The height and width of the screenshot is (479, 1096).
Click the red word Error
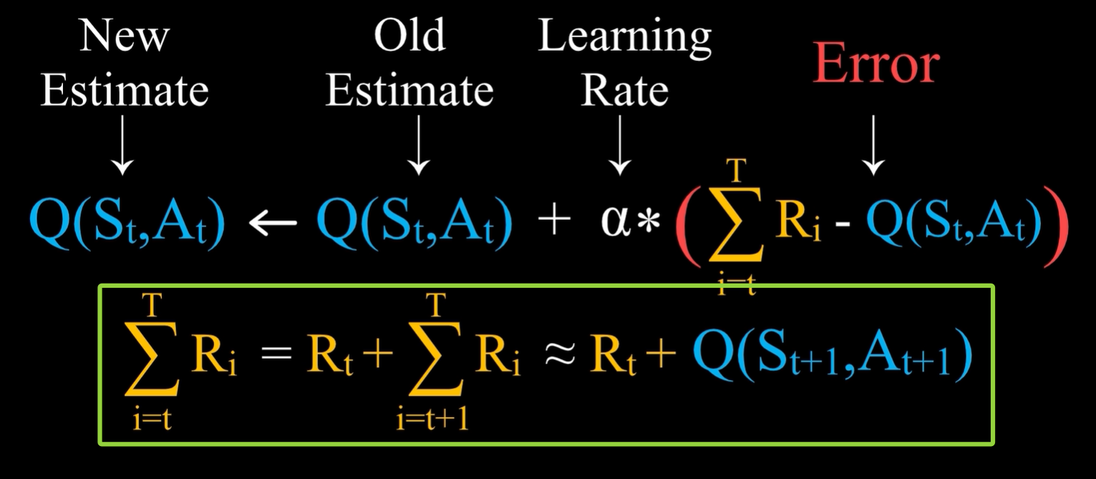coord(875,65)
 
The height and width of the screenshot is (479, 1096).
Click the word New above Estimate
coord(124,36)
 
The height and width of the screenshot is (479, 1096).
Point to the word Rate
coord(624,92)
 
